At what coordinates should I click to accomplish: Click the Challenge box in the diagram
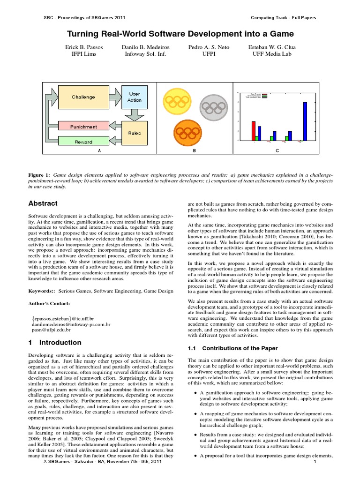83,97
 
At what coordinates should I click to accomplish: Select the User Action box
134,97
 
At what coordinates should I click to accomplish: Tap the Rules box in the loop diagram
134,133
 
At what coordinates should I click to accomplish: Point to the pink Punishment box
83,127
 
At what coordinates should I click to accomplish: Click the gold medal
178,101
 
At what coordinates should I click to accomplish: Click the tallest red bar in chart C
253,131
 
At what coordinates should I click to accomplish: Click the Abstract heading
43,203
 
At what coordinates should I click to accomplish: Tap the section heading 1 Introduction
55,343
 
